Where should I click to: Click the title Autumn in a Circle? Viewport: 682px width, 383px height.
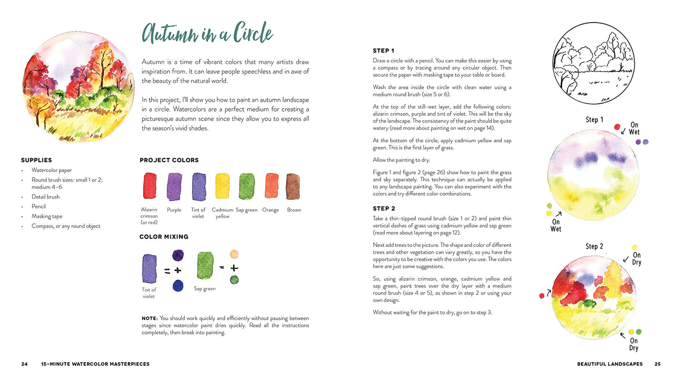(x=207, y=34)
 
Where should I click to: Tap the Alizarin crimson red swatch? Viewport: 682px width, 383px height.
(x=150, y=187)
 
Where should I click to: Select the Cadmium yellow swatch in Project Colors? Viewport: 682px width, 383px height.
(x=222, y=187)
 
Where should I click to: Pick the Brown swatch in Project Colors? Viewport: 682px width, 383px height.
(x=293, y=187)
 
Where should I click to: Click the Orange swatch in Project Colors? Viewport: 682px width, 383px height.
(x=271, y=187)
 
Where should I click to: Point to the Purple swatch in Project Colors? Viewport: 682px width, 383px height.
(x=174, y=187)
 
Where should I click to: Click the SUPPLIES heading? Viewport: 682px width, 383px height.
(x=36, y=160)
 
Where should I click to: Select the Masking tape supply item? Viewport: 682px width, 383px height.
(x=47, y=216)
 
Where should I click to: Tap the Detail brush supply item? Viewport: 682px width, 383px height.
(x=45, y=197)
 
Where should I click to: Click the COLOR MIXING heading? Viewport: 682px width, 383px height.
(x=164, y=237)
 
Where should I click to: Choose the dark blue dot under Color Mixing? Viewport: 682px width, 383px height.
(x=178, y=285)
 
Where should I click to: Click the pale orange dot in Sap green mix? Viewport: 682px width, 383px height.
(x=234, y=254)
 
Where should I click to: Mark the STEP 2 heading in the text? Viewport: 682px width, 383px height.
(x=384, y=209)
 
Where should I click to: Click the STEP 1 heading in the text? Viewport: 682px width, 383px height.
(x=383, y=51)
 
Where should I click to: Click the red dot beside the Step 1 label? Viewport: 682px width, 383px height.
(x=617, y=127)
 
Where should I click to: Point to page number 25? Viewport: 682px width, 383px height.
(x=657, y=364)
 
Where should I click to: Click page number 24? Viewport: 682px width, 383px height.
(x=24, y=364)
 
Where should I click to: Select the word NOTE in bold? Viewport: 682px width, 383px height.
(x=150, y=318)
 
